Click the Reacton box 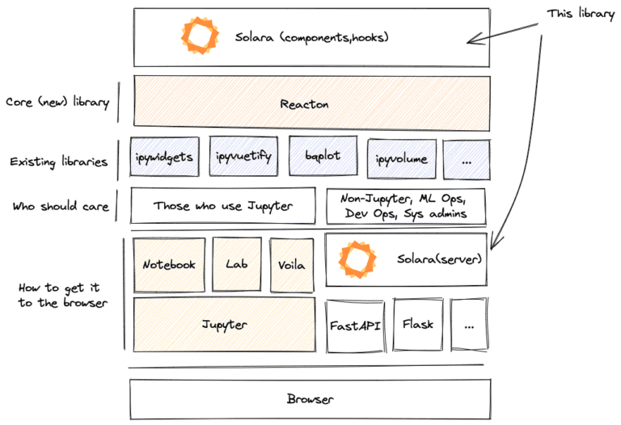tap(311, 103)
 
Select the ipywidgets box tap(165, 157)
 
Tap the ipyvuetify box tap(243, 157)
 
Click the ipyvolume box tap(401, 158)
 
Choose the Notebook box tap(168, 264)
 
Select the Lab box tap(236, 264)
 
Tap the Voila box tap(291, 264)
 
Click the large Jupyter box tap(224, 324)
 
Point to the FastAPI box tap(355, 326)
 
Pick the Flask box tap(417, 325)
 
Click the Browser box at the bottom tap(310, 399)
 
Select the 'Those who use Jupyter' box tap(223, 206)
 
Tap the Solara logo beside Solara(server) tap(357, 259)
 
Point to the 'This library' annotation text tap(580, 14)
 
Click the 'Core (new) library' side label tap(57, 103)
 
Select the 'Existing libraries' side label tap(58, 162)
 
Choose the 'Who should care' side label tap(60, 206)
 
